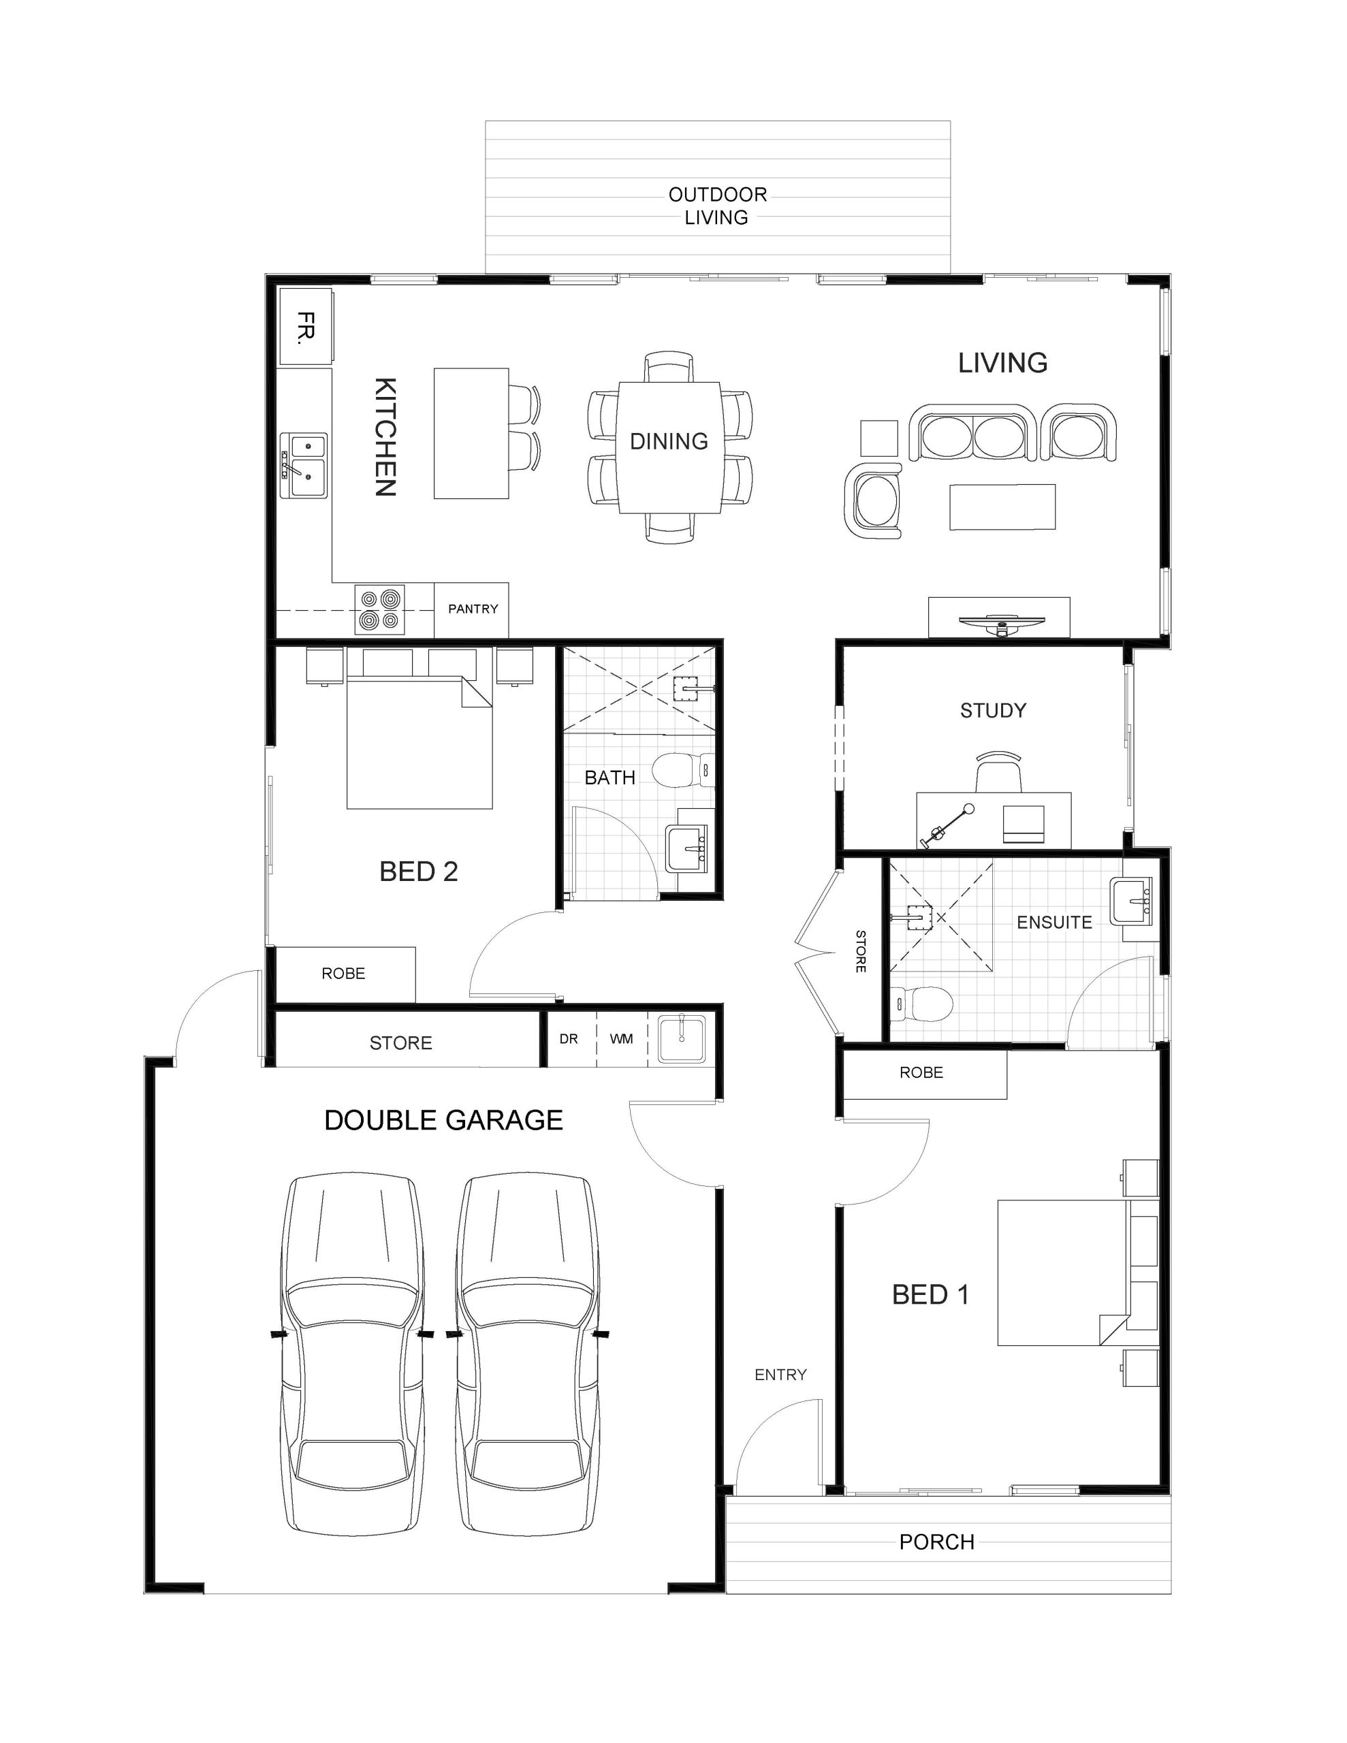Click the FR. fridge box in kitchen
coord(305,327)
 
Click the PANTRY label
coord(473,609)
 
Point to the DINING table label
coord(668,441)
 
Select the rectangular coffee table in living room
coord(1002,507)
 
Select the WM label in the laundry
coord(621,1038)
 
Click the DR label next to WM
coord(569,1038)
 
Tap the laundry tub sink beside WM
coord(681,1038)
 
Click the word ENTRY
coord(780,1374)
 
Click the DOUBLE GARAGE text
coord(443,1120)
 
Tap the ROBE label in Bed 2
coord(343,973)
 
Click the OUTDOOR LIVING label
coord(717,206)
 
